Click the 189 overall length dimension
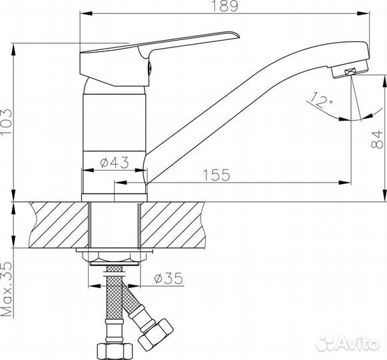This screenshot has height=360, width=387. coord(225,6)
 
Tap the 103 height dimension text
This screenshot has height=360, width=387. coord(6,121)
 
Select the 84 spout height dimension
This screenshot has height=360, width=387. coord(377,139)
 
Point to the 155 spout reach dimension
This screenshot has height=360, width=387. coord(216,175)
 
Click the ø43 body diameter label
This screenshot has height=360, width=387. coord(115,163)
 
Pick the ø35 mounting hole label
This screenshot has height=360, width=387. coord(169,278)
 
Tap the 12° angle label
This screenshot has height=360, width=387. coord(320,100)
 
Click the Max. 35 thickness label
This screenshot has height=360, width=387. coord(7,289)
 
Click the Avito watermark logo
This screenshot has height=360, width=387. coord(348,343)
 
